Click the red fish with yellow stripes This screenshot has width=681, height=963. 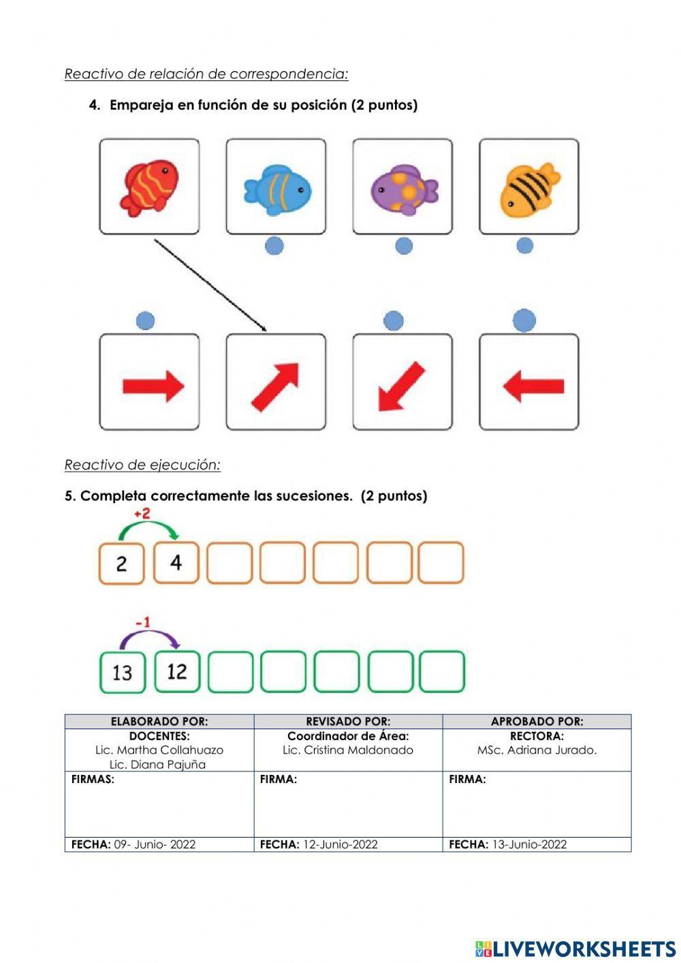click(x=150, y=187)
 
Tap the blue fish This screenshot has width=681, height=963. click(x=276, y=189)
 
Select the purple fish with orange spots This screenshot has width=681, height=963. click(x=403, y=189)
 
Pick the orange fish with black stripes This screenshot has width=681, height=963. click(x=529, y=188)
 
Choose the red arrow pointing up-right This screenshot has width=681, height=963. click(x=276, y=386)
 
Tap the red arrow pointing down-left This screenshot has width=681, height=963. click(x=402, y=386)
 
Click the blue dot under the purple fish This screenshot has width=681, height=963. click(x=404, y=246)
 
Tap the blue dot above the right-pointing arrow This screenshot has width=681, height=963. click(x=146, y=321)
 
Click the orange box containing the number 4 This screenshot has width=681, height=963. click(x=176, y=563)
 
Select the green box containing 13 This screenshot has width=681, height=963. click(x=123, y=672)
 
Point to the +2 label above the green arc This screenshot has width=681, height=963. click(x=142, y=513)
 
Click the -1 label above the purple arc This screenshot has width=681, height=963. click(x=142, y=622)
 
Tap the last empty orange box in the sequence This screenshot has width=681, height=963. click(x=441, y=563)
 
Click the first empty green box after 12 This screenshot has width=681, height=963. click(x=229, y=672)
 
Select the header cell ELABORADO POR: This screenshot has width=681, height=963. click(x=159, y=721)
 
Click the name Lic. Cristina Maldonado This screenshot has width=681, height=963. click(x=348, y=750)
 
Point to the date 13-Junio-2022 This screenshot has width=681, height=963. click(x=529, y=844)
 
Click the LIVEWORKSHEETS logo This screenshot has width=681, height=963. click(x=575, y=949)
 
